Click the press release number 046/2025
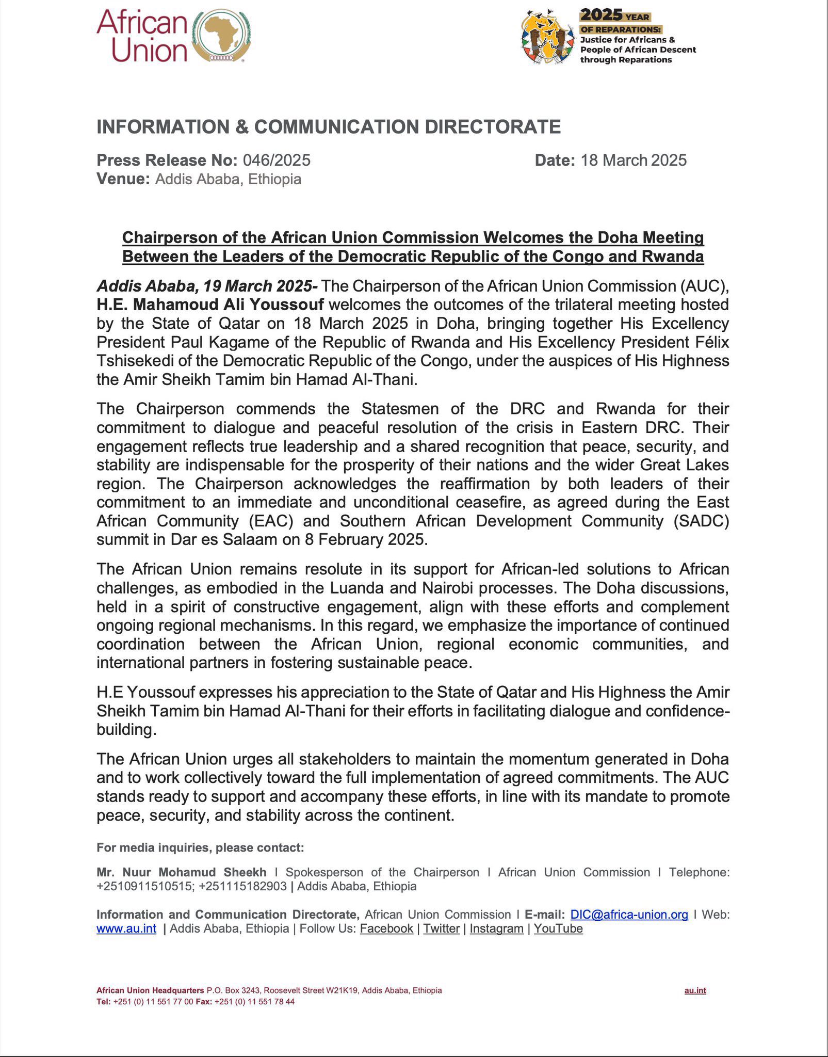pos(277,160)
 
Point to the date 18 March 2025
pos(634,160)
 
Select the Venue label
pos(123,179)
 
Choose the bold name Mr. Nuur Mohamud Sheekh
pos(181,872)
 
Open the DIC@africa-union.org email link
pos(629,915)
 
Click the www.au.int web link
pos(126,928)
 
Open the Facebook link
pos(386,928)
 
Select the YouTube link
pos(558,928)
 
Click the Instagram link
pos(496,928)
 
